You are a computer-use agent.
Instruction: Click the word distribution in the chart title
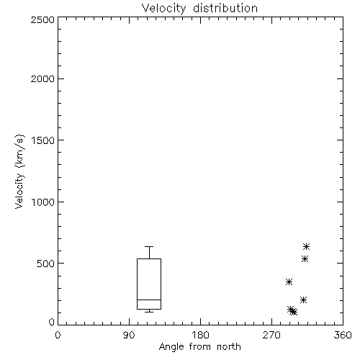225,8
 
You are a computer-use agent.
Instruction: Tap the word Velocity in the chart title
163,9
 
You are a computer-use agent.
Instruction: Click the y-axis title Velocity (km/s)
19,171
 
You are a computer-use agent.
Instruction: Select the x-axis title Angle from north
199,347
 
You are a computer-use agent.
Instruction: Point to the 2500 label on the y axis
42,19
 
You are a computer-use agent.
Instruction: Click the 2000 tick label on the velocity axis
42,78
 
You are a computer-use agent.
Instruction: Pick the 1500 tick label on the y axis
43,140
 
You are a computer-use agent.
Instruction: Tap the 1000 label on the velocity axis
43,202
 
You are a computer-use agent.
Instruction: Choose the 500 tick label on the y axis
46,264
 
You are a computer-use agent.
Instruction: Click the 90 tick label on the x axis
129,335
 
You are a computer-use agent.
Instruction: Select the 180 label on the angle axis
200,335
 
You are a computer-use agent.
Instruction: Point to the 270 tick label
271,335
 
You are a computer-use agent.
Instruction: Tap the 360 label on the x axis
343,335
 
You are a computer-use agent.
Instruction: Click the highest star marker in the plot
306,246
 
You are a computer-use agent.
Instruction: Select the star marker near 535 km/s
305,259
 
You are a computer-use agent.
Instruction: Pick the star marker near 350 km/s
289,282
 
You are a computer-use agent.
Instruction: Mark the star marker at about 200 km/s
303,300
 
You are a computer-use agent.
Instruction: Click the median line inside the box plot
149,300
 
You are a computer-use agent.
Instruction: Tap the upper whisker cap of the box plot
149,246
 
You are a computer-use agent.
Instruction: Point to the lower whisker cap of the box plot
149,312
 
